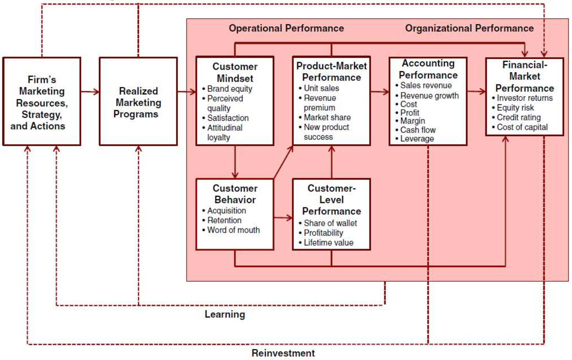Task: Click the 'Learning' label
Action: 225,315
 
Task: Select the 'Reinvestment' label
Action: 283,353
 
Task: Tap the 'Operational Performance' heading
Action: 286,28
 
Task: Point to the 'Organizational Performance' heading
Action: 469,28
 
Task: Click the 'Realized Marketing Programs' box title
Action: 137,102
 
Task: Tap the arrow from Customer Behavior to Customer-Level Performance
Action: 283,218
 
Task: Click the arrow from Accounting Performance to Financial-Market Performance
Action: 476,91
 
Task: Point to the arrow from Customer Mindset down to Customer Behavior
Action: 235,162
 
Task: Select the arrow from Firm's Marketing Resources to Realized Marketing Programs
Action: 90,92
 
